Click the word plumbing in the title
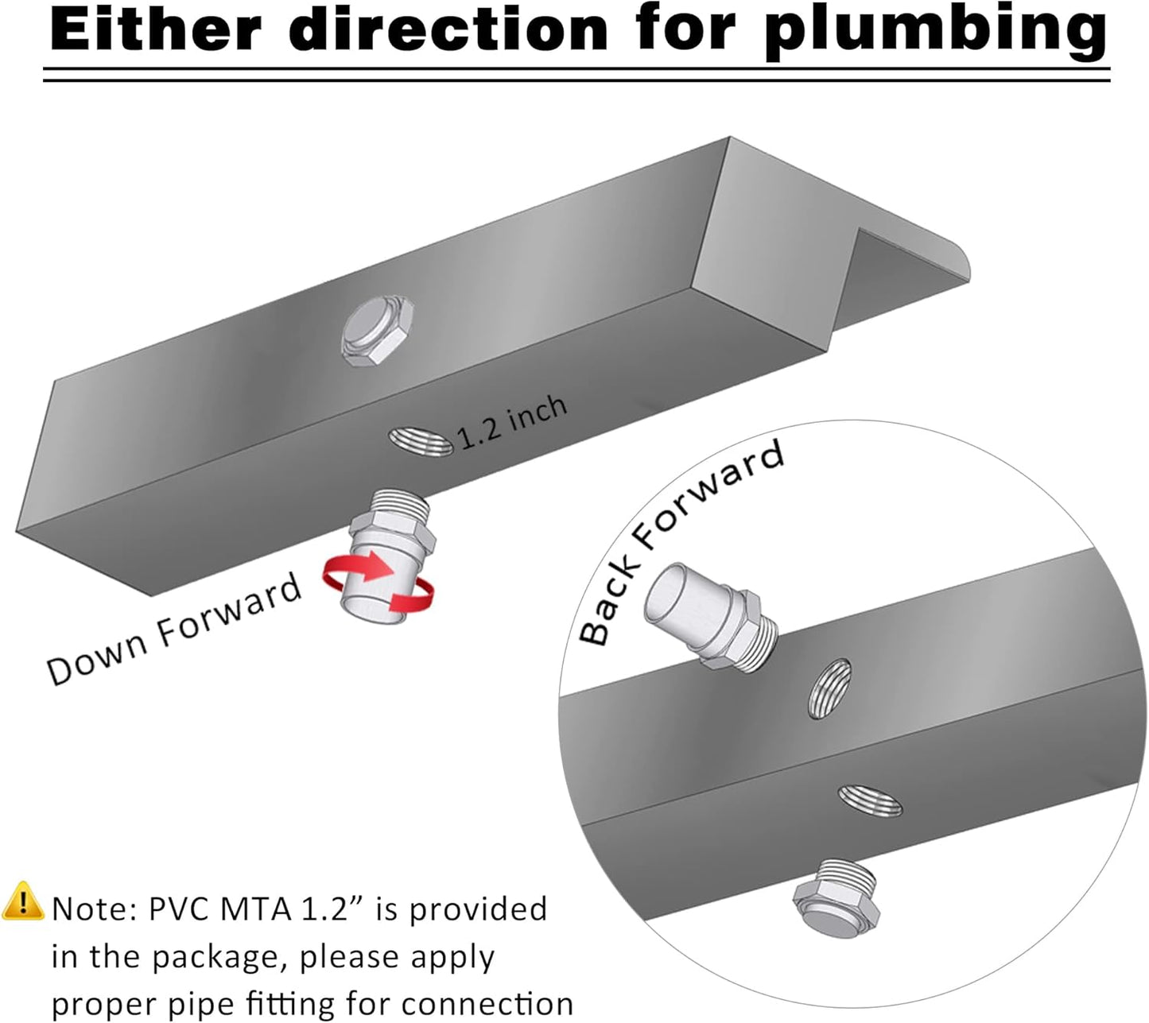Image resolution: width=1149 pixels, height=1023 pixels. point(941,33)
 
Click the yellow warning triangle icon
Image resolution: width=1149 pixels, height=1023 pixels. point(23,901)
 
